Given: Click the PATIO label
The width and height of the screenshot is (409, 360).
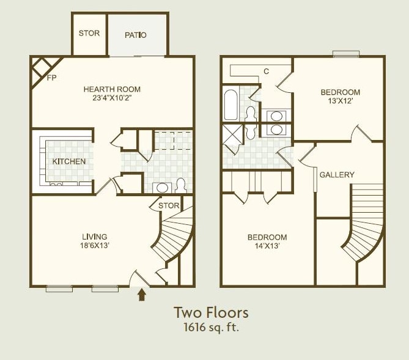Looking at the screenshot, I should click(135, 35).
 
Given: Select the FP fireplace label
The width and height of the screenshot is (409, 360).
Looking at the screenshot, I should click(52, 78).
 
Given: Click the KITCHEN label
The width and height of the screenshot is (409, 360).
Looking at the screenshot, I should click(69, 161).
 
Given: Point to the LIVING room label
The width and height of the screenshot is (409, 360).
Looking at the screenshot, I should click(95, 237).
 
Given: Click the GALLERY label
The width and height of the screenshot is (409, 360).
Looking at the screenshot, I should click(337, 175).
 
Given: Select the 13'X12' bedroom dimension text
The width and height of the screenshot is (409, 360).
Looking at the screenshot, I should click(341, 102).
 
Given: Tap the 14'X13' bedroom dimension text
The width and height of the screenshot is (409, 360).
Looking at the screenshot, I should click(267, 246).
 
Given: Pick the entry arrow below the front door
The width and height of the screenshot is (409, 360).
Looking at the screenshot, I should click(142, 295).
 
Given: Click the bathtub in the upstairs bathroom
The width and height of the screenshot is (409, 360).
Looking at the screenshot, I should click(230, 105).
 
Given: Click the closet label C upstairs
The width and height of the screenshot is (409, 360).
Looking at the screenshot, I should click(266, 72).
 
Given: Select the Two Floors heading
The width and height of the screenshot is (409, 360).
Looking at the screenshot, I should click(211, 312).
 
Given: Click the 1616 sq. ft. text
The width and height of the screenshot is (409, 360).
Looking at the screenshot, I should click(211, 327).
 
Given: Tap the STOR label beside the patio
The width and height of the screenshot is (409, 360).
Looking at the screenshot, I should click(89, 33).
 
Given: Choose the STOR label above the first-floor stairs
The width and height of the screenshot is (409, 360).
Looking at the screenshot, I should click(169, 205).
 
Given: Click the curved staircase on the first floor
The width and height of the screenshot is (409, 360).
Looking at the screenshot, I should click(174, 238).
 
